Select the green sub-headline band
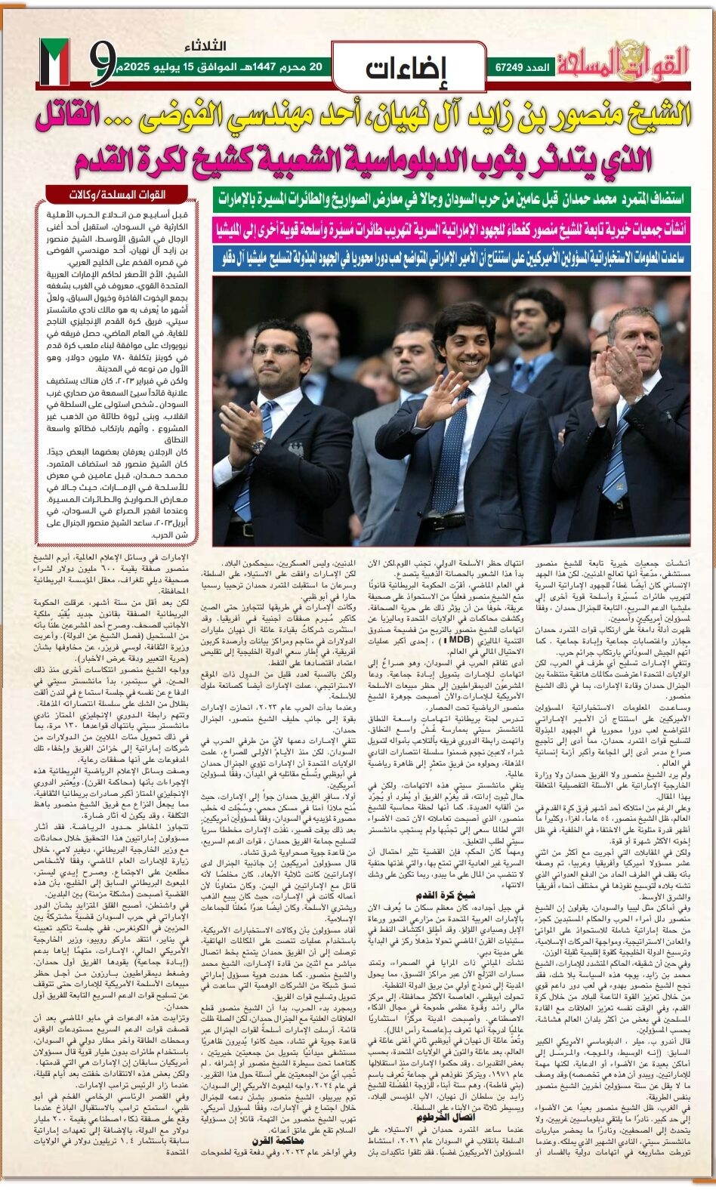coord(451,199)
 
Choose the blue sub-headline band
coord(451,257)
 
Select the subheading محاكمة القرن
coord(278,1140)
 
